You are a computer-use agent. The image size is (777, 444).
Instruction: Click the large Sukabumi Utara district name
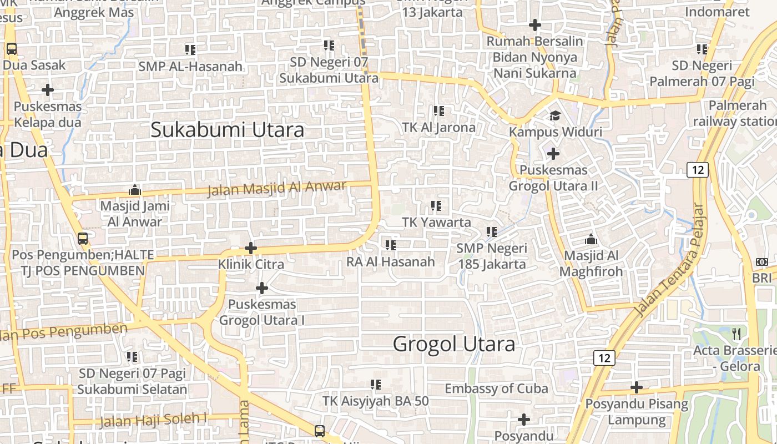click(x=228, y=130)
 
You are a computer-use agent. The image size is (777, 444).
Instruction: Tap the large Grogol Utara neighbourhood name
click(x=454, y=344)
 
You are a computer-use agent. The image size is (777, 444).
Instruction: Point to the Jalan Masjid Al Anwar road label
click(x=276, y=188)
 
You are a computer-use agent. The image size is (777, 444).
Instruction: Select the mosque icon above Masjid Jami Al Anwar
click(x=135, y=190)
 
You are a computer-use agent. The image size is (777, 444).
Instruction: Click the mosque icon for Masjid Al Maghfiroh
click(x=591, y=240)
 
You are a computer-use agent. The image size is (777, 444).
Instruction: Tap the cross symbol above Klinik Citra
click(x=251, y=248)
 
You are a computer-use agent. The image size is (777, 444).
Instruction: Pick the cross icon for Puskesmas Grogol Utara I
click(x=261, y=288)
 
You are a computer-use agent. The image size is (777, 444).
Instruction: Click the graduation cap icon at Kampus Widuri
click(x=555, y=116)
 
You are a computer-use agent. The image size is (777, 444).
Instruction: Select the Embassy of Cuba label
click(x=496, y=389)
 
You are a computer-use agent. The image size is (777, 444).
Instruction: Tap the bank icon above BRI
click(x=761, y=262)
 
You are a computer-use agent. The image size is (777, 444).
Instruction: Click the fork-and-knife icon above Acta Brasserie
click(x=736, y=334)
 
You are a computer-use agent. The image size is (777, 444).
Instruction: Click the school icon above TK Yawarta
click(x=436, y=206)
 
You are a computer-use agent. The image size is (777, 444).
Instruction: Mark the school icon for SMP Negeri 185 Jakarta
click(x=492, y=232)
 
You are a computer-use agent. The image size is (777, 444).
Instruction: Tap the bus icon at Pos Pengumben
click(x=83, y=239)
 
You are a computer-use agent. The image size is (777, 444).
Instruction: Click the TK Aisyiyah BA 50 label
click(x=376, y=401)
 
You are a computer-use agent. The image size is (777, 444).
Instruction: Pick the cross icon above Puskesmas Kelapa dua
click(x=48, y=89)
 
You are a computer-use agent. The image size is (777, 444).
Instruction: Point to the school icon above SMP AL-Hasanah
click(x=190, y=50)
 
